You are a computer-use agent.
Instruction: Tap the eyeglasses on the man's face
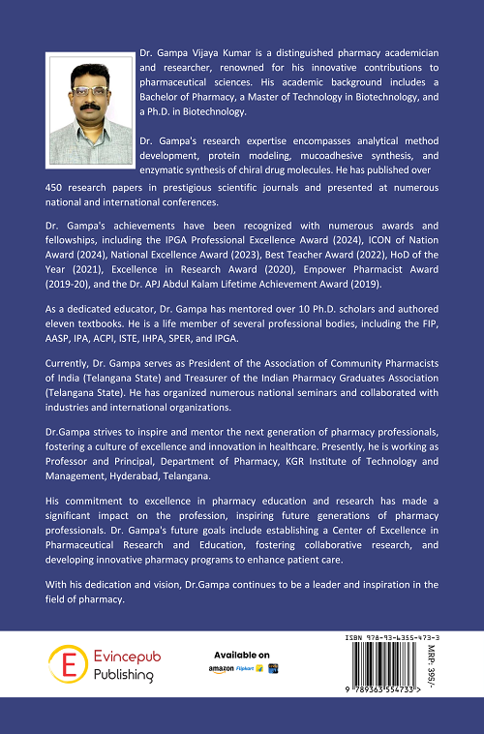tap(87, 93)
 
